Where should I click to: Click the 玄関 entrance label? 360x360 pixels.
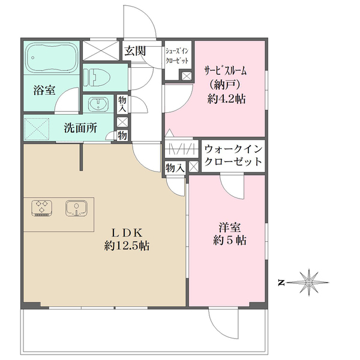[134, 50]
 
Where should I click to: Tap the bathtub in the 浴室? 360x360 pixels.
[52, 58]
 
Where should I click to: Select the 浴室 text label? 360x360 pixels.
[44, 91]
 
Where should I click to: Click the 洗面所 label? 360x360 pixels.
[81, 128]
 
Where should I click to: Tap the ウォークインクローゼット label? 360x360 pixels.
[233, 156]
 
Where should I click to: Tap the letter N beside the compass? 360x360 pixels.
[281, 282]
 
